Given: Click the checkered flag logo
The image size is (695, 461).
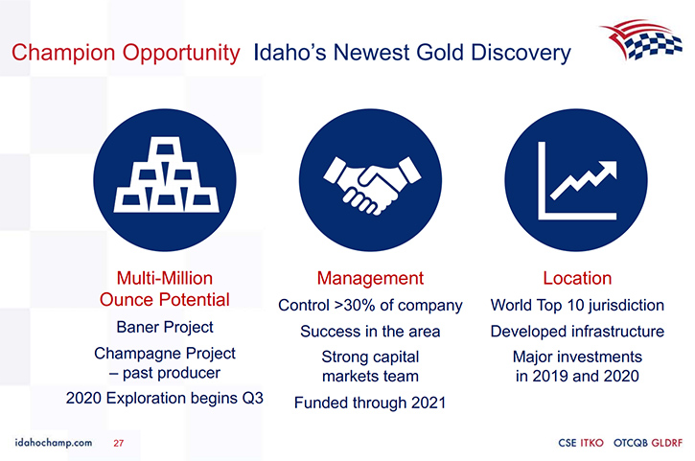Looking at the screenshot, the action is (x=641, y=40).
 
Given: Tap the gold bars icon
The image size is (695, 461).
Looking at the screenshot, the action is (x=167, y=174).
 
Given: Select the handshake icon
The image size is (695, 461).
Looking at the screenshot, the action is (x=372, y=185).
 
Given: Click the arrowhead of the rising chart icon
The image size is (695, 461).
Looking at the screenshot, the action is (x=608, y=170).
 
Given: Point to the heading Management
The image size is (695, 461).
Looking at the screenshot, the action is (x=370, y=278).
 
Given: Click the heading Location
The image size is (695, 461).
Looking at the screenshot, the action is (x=577, y=278).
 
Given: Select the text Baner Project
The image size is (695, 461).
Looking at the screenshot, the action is (x=165, y=327).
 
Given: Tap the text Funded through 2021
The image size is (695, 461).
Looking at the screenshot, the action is (x=370, y=403).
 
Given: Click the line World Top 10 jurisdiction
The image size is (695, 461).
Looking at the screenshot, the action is (x=577, y=305).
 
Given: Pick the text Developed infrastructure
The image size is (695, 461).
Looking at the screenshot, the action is (x=577, y=331).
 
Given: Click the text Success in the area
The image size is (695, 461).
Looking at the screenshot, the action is (x=370, y=331).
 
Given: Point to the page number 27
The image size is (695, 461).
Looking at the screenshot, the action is (x=118, y=443).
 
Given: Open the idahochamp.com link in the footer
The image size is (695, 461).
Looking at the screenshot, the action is (x=54, y=443).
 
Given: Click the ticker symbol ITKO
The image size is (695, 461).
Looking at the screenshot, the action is (x=591, y=443).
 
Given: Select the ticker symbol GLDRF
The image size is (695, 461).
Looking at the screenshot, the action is (x=667, y=443).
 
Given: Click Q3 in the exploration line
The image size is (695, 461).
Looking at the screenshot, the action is (x=253, y=398).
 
